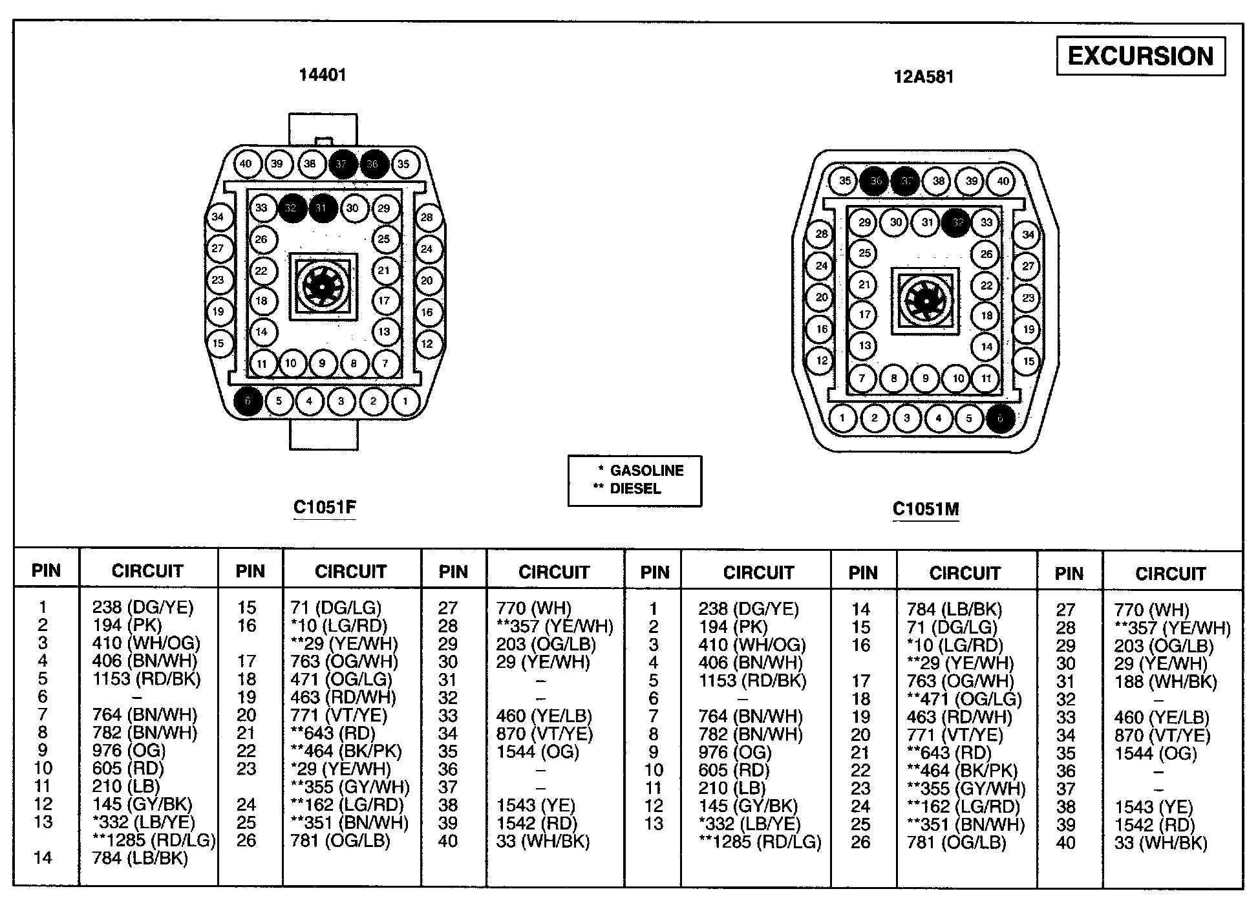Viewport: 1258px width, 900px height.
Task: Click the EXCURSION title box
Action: coord(1140,56)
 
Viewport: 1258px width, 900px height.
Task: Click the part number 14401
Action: coord(323,75)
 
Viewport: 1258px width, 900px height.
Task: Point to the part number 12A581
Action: coord(924,77)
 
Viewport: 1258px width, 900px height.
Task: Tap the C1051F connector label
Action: coord(325,507)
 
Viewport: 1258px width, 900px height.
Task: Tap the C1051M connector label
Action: coord(926,509)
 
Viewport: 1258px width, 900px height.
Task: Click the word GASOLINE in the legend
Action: coord(646,471)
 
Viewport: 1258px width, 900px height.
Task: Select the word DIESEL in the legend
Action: coord(635,489)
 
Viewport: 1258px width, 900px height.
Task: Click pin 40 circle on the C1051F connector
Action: coord(246,164)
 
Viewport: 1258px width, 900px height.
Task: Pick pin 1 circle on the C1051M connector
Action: coord(842,418)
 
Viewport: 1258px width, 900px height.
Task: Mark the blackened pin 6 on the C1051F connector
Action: coord(248,401)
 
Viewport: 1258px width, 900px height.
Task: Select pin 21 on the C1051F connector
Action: coord(385,271)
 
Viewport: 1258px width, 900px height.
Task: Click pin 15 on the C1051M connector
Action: coord(1028,361)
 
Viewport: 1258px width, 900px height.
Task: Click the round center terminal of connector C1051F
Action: coord(323,285)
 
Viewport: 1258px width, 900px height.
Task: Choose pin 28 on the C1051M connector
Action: coord(821,234)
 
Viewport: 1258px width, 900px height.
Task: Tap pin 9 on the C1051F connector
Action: coord(322,363)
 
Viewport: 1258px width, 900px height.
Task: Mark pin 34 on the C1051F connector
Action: coord(218,217)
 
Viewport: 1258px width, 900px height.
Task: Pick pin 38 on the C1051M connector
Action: coord(939,182)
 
